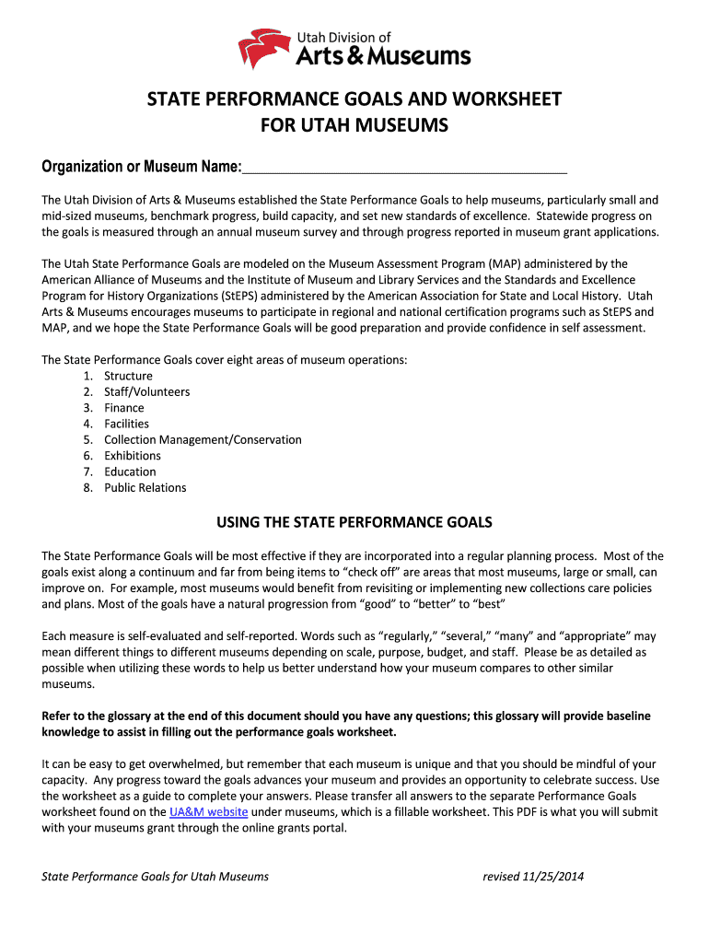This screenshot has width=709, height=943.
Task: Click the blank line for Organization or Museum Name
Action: (404, 168)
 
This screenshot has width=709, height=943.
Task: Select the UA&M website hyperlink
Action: (209, 812)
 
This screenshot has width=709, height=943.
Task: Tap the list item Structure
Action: (128, 376)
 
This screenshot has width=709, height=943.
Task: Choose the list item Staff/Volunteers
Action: (146, 391)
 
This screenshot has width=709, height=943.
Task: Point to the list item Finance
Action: (124, 408)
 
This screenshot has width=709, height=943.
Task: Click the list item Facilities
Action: (126, 424)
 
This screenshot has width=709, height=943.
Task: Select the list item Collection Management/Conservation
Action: (203, 439)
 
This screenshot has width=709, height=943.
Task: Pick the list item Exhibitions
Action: (133, 456)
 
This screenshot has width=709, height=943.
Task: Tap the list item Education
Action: (130, 471)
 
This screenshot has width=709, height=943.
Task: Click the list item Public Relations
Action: (145, 487)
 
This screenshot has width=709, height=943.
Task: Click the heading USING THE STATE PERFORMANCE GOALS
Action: (354, 523)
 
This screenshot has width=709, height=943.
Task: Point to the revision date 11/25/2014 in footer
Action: (555, 877)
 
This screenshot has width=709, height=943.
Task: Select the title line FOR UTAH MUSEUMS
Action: (354, 124)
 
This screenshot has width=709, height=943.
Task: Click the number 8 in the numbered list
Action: (87, 487)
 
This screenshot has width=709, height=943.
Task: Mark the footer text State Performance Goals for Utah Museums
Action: (156, 877)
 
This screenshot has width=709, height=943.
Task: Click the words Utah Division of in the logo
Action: (343, 37)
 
